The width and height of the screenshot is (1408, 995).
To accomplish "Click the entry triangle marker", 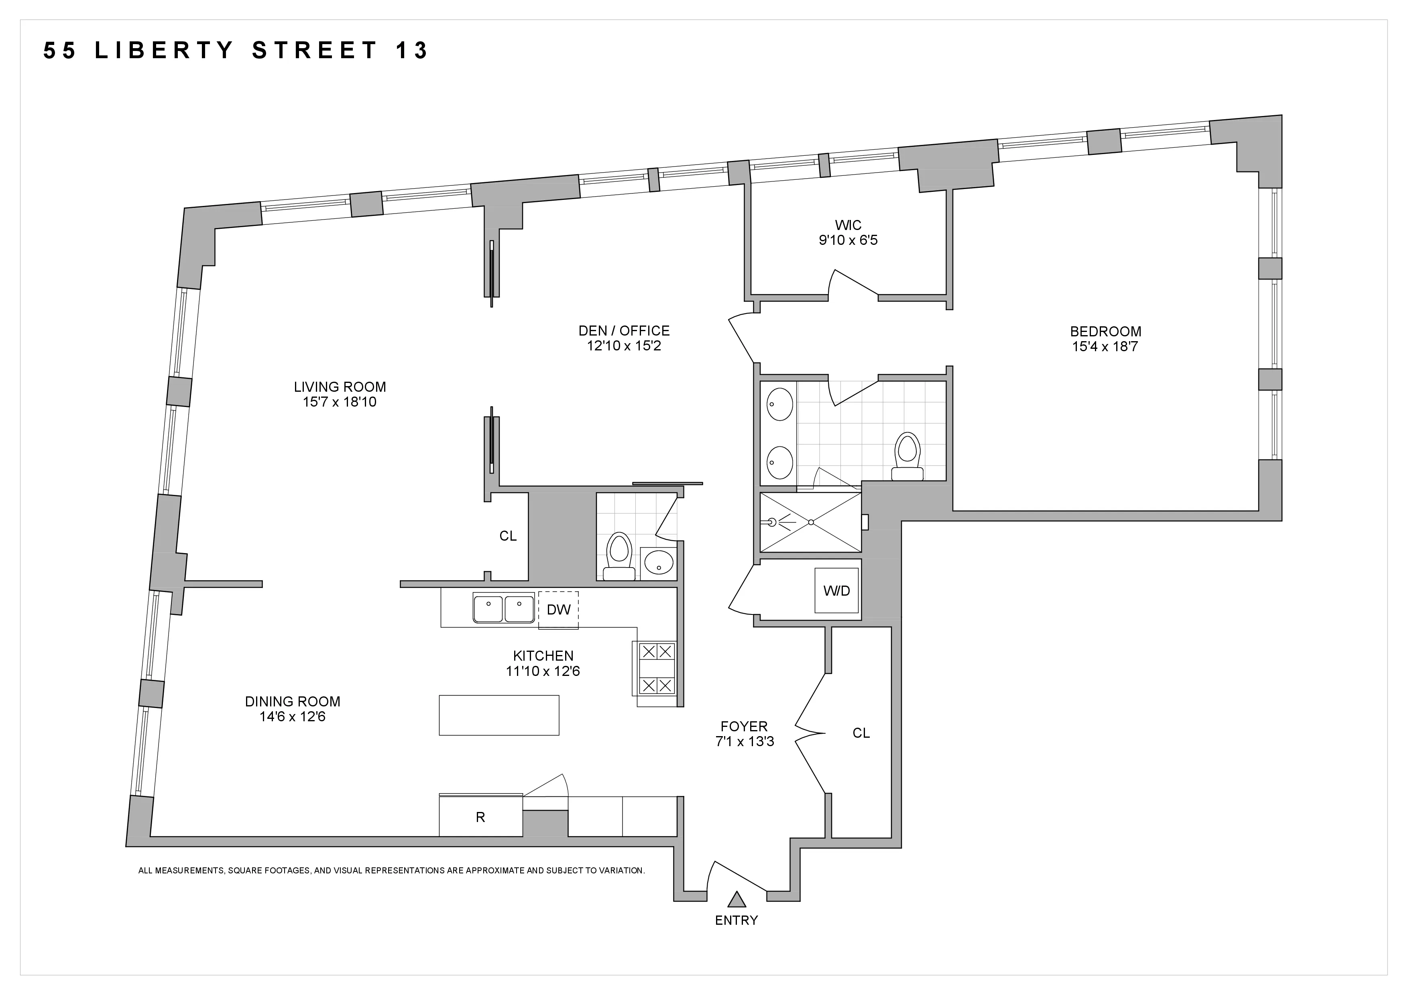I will (x=737, y=899).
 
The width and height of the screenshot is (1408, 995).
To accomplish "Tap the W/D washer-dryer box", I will (x=836, y=590).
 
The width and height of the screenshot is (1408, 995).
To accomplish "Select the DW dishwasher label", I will (x=558, y=609).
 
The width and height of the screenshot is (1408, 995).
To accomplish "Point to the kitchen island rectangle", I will (x=498, y=715).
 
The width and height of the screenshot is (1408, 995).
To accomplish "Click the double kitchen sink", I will (x=503, y=608).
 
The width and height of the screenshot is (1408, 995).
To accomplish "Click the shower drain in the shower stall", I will (x=811, y=522).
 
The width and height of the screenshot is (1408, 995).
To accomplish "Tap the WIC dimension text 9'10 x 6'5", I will (x=848, y=240).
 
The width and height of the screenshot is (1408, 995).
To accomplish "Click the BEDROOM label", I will (x=1106, y=332).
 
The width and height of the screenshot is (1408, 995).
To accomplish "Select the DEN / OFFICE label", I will (x=624, y=330).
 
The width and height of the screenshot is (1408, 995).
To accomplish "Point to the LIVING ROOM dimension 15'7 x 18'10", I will (x=339, y=402).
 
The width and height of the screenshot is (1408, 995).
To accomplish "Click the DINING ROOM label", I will (x=293, y=701).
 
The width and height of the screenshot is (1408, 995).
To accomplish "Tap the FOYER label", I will (x=744, y=726).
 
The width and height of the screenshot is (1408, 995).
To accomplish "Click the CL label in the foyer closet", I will (x=861, y=733).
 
